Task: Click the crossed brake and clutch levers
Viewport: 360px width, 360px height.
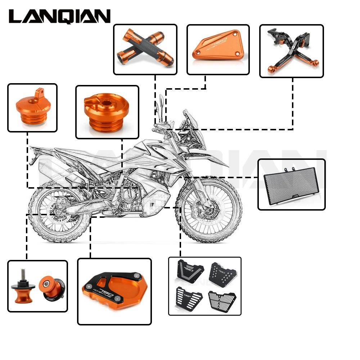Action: tap(291, 50)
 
